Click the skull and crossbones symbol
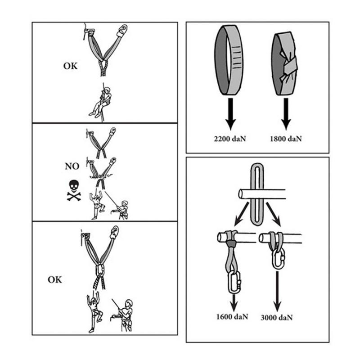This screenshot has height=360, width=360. [74, 190]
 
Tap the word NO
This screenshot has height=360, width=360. [72, 166]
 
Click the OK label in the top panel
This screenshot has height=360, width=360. [70, 66]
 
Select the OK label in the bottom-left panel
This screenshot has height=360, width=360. [55, 279]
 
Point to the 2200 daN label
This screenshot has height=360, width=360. [230, 139]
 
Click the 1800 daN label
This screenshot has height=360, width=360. [286, 139]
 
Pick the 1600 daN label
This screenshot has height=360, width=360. [232, 317]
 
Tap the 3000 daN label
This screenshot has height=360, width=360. [277, 318]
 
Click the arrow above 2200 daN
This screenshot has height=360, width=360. [230, 114]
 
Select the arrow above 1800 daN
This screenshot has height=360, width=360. [286, 114]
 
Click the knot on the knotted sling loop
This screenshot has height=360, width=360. [288, 67]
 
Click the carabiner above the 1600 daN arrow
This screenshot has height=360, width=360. [234, 282]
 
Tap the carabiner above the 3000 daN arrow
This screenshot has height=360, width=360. [279, 259]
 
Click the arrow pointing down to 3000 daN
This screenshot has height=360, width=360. [277, 291]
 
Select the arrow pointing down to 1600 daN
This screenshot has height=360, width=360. [234, 302]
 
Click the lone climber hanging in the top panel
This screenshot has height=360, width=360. [101, 102]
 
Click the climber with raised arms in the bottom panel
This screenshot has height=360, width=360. [94, 313]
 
